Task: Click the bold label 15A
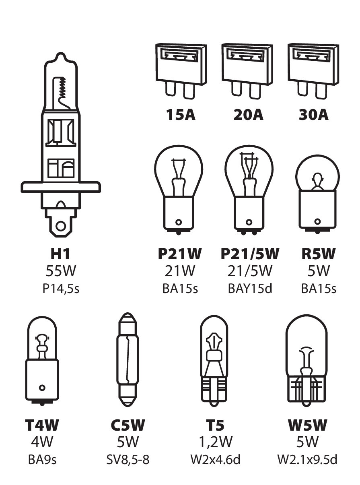coord(181,115)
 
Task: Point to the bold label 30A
coord(313,115)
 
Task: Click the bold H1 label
coord(60,254)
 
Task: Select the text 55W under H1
coord(60,271)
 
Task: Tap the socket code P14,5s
coord(60,289)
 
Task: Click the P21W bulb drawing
coord(178,189)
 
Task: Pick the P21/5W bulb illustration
coord(249,189)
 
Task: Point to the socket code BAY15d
coord(249,289)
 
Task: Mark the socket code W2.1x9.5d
coord(307,459)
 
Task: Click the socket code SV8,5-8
coord(128,459)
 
